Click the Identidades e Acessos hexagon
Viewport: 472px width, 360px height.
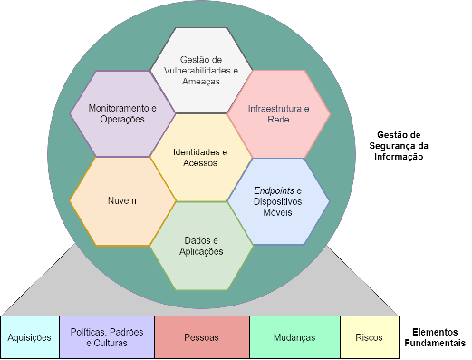coord(201,158)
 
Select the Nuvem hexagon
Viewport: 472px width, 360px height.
coord(122,201)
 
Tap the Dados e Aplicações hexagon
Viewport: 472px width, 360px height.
coord(201,246)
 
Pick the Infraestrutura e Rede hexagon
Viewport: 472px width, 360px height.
coord(279,114)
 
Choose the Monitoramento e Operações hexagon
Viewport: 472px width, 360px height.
coord(122,113)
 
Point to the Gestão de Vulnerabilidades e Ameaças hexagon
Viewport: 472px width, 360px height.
coord(201,71)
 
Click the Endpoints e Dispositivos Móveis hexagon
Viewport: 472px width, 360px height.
coord(278,201)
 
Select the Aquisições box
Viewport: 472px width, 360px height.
coord(30,337)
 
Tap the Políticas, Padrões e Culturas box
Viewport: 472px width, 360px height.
coord(107,337)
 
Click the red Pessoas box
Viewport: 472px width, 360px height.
coord(202,337)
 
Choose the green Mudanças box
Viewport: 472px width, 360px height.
coord(294,337)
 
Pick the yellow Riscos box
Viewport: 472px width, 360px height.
coord(370,337)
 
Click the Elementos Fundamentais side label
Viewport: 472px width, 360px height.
coord(435,337)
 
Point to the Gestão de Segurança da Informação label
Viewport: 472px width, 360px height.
coord(399,146)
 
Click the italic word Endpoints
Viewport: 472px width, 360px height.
coord(274,190)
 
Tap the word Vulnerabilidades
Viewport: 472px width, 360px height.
coord(197,71)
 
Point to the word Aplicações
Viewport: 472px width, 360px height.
coord(201,251)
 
